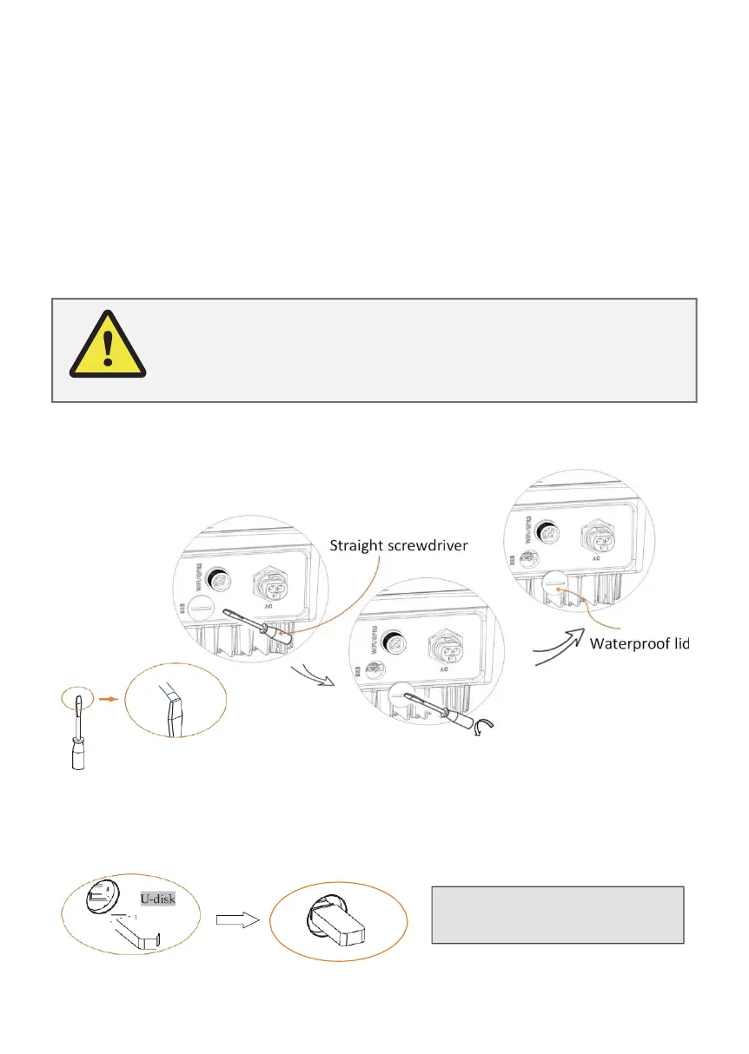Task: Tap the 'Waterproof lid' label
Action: click(639, 643)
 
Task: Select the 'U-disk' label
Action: click(159, 899)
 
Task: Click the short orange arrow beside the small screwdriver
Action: click(106, 696)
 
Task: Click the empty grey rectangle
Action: click(558, 914)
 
